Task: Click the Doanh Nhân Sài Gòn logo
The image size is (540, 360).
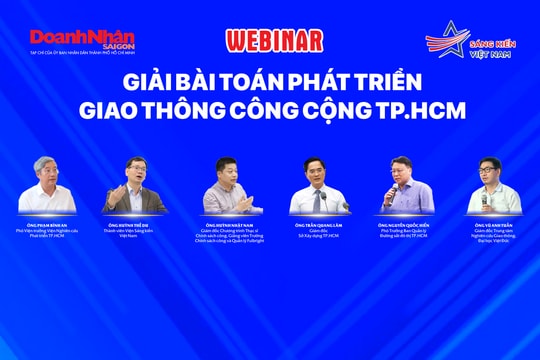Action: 82,38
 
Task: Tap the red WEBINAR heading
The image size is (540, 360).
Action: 274,41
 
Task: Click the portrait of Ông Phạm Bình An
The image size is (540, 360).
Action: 46,184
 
